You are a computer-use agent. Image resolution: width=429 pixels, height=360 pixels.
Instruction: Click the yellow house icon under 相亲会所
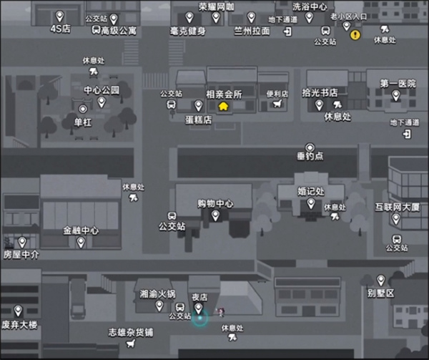(224, 106)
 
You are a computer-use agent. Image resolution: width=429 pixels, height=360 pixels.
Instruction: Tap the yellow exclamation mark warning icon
(355, 35)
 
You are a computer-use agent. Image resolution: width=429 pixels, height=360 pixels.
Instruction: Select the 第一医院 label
(398, 84)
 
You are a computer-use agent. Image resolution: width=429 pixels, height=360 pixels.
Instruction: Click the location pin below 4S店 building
(59, 16)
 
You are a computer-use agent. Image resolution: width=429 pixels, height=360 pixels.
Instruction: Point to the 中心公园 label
(102, 89)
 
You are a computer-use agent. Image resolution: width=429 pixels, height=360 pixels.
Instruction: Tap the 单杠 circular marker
(83, 109)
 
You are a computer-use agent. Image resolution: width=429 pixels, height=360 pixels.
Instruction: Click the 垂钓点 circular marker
(310, 148)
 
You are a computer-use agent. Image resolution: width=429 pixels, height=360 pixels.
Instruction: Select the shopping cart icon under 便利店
(277, 104)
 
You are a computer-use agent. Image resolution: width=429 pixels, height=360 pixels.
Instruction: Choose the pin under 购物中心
(215, 215)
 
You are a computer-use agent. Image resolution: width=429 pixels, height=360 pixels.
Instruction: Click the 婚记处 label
(311, 191)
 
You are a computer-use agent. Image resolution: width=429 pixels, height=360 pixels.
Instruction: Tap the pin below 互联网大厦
(396, 219)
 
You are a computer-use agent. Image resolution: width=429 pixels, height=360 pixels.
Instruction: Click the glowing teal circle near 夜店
(199, 318)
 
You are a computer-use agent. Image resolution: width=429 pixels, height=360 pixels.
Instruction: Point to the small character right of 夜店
(220, 312)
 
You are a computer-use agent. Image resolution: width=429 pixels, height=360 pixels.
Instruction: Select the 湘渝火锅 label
(157, 294)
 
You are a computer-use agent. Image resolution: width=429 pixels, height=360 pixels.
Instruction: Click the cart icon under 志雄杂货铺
(131, 343)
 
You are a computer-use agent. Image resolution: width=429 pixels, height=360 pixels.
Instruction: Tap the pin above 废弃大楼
(18, 311)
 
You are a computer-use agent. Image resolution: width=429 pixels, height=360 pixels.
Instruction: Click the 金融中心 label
(81, 230)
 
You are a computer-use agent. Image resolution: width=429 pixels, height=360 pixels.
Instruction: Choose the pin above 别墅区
(381, 281)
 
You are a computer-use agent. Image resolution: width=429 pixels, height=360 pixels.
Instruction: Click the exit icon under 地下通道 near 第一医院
(407, 134)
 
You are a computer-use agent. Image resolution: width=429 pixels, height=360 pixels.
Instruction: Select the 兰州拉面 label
(252, 31)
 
